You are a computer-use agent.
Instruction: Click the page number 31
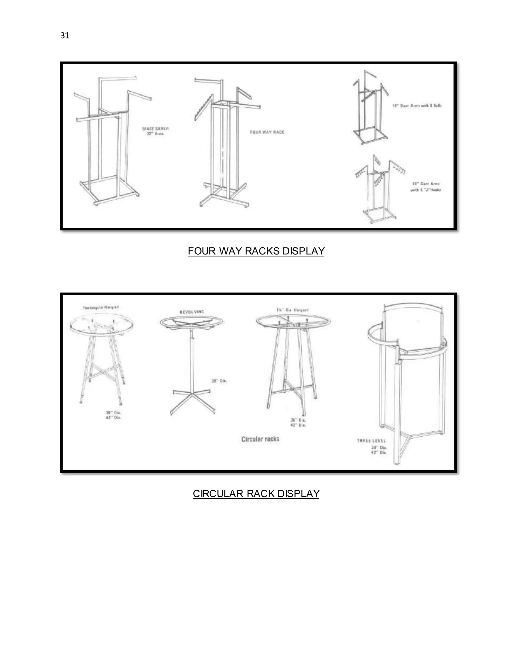[64, 36]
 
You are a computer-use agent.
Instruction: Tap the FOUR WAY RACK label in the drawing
[267, 132]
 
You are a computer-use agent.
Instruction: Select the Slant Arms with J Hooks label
[425, 187]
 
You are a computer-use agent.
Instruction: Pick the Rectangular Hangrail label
[101, 307]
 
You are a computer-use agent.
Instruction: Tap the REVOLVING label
[192, 312]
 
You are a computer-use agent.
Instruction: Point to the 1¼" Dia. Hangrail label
[292, 310]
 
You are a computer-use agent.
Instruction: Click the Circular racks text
[260, 439]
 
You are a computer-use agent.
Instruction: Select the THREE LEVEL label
[371, 441]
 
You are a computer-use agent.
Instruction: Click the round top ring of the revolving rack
[191, 322]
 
